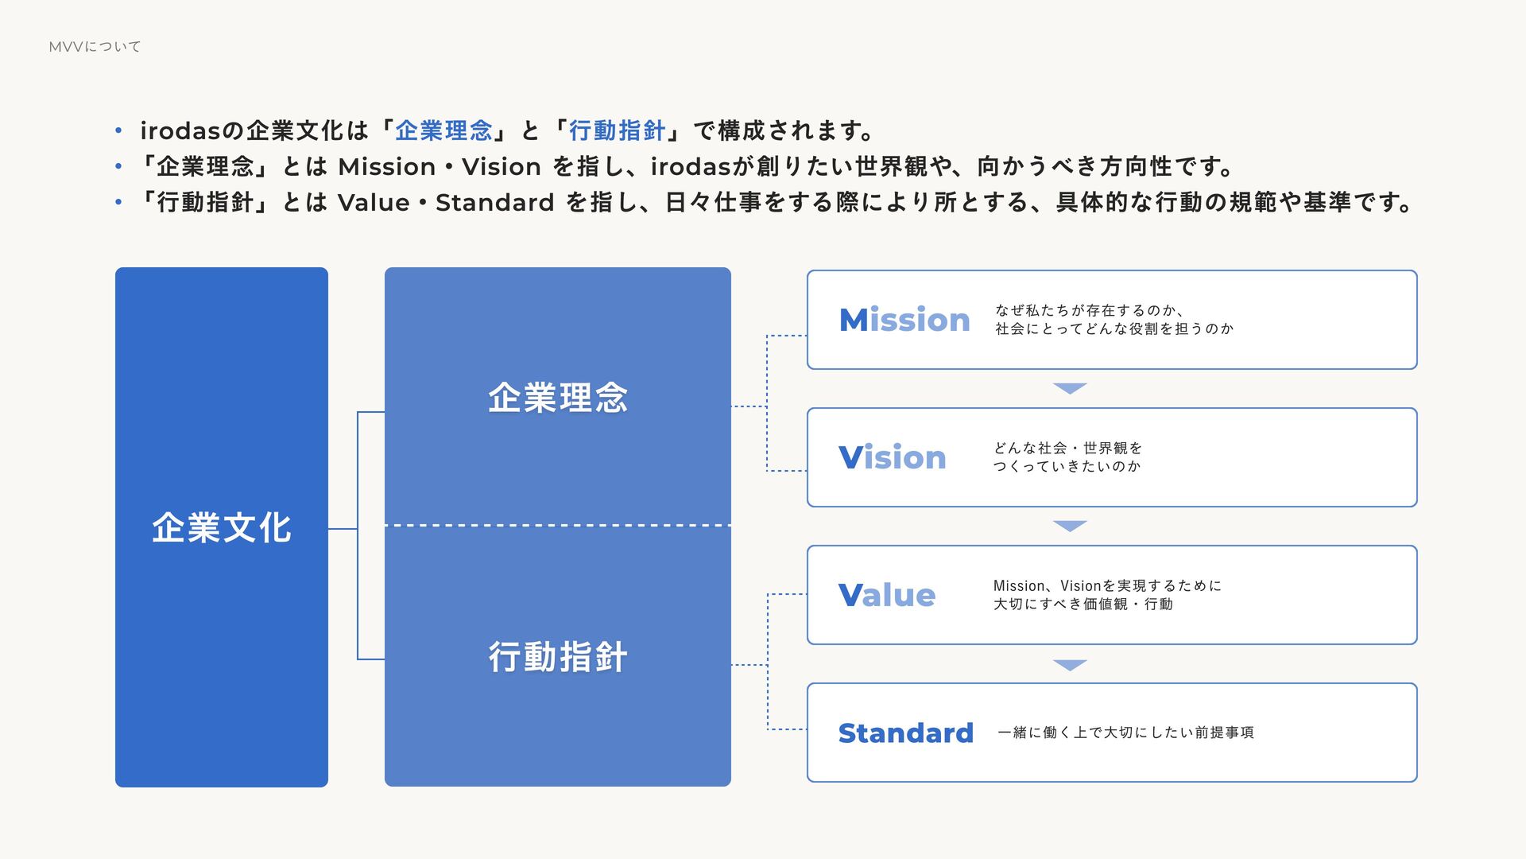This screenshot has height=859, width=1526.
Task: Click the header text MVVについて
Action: (95, 47)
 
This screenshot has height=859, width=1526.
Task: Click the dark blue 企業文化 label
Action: (222, 527)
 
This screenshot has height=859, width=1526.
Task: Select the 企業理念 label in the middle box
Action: (557, 398)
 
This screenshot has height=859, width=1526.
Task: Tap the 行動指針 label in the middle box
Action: (557, 657)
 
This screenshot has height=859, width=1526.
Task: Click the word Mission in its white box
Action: (904, 320)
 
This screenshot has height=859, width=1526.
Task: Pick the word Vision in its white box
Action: (892, 457)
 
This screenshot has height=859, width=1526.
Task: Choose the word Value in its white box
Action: (887, 595)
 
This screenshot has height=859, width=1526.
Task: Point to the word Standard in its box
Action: (905, 733)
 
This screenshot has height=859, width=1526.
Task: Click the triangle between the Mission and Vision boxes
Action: (1070, 388)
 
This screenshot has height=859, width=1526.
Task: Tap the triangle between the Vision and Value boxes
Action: (1070, 526)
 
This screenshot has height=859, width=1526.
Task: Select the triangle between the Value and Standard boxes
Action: (1070, 664)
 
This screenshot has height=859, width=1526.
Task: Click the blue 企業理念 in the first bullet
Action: (443, 130)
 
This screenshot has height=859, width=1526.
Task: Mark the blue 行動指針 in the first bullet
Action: (617, 130)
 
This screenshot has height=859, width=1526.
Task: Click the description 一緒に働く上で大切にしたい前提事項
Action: (1125, 733)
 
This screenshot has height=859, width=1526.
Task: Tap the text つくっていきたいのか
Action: (1067, 466)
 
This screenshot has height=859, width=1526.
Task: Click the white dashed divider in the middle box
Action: (557, 526)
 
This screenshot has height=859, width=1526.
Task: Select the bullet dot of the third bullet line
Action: (118, 203)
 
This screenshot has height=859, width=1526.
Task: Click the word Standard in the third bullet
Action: (494, 203)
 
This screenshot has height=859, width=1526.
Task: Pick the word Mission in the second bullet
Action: (386, 167)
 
